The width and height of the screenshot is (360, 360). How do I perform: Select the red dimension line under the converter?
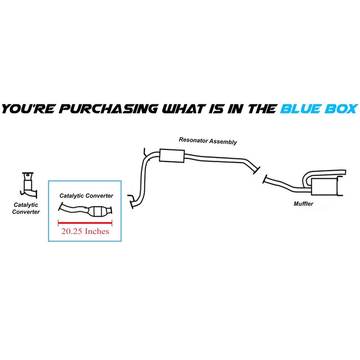85,222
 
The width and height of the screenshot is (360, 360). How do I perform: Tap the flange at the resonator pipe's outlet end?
256,170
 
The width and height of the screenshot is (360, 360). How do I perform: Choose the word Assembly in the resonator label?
224,142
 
